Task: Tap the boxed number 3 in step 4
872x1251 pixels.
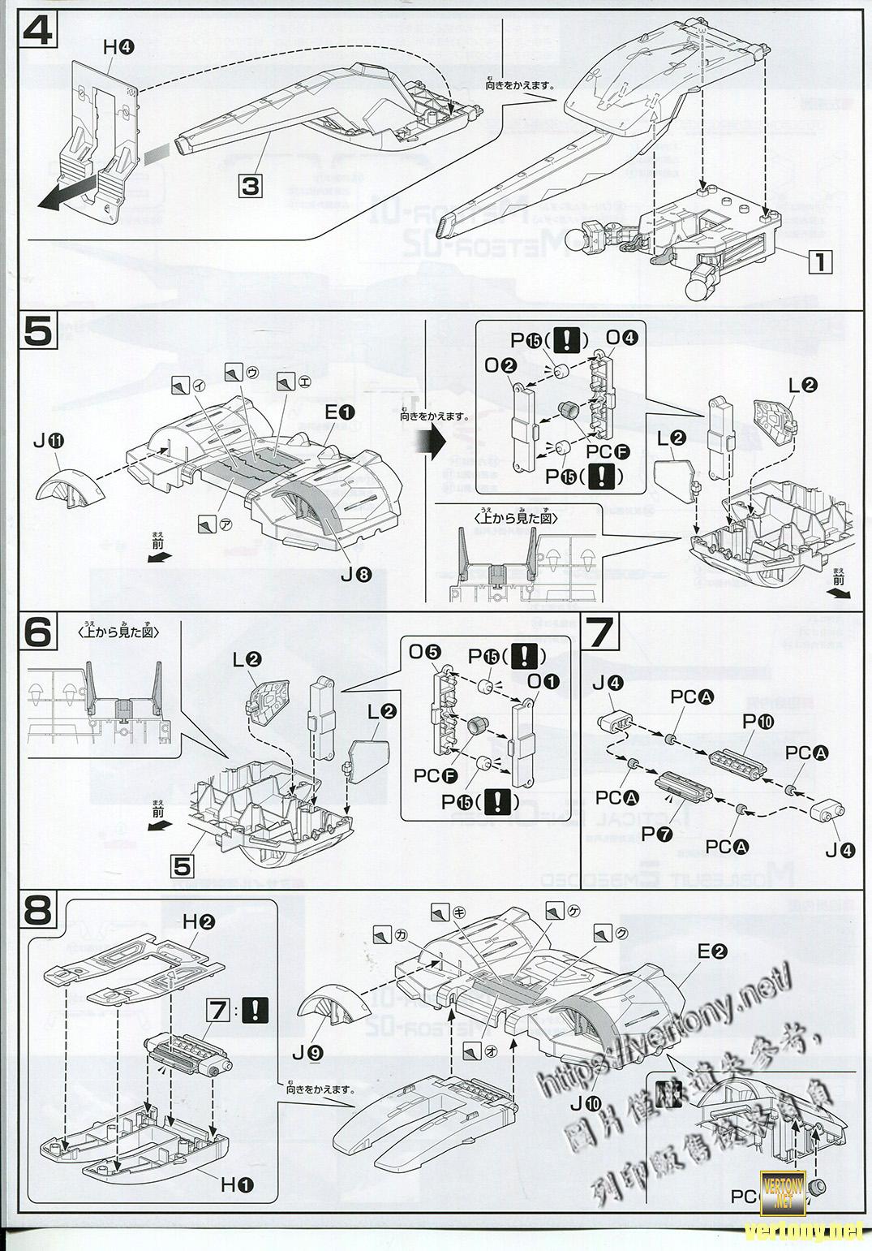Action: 251,186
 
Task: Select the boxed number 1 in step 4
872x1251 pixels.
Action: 820,262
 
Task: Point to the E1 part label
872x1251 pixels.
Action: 340,412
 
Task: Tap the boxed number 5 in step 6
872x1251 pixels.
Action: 183,866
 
